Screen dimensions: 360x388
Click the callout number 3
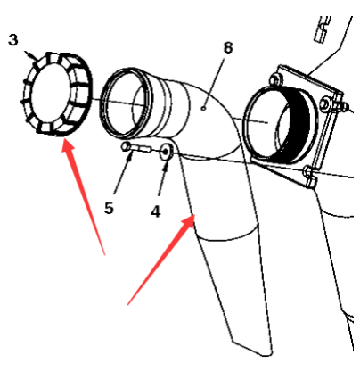coord(13,39)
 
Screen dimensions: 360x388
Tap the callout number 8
coord(228,47)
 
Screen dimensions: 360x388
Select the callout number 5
coord(109,208)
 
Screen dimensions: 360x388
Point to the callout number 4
coord(156,211)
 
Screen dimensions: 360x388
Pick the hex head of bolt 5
coord(126,146)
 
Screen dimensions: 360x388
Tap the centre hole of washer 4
coord(166,152)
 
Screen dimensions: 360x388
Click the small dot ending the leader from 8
coord(203,108)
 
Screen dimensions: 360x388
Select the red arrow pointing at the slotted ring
coord(83,197)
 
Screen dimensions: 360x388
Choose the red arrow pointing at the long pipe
coord(161,260)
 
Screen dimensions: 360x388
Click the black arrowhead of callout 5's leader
coord(130,156)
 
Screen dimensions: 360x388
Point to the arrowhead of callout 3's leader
coord(35,57)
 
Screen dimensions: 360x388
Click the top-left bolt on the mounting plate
coord(275,79)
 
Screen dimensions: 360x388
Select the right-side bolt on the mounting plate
coord(325,104)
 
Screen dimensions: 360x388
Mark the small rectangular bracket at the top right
coord(322,29)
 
